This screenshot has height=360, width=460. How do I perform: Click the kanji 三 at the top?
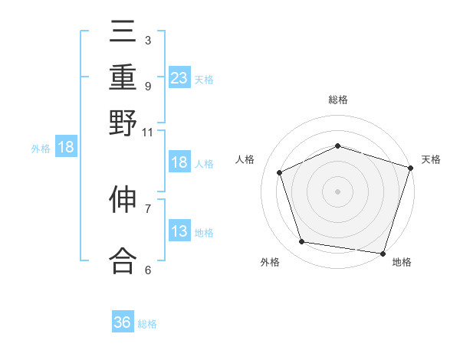[x=123, y=32]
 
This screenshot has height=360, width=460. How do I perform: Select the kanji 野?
[x=123, y=123]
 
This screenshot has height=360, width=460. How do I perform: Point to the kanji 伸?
[x=123, y=201]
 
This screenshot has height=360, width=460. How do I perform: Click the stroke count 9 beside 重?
[x=147, y=86]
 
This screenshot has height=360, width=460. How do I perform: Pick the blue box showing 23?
[x=179, y=77]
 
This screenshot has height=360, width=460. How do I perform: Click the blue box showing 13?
[x=179, y=232]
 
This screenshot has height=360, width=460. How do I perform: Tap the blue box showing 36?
[x=123, y=322]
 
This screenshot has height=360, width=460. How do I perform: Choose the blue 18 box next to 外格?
[x=66, y=147]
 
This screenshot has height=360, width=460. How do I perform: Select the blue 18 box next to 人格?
[x=179, y=162]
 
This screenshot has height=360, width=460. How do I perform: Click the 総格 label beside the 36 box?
[x=148, y=324]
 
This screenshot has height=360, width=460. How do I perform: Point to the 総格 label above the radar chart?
[x=338, y=100]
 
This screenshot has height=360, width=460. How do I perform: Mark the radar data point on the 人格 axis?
[x=280, y=172]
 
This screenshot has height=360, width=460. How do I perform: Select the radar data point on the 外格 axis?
[x=302, y=242]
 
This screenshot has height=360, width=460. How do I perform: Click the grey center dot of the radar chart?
[x=338, y=191]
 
